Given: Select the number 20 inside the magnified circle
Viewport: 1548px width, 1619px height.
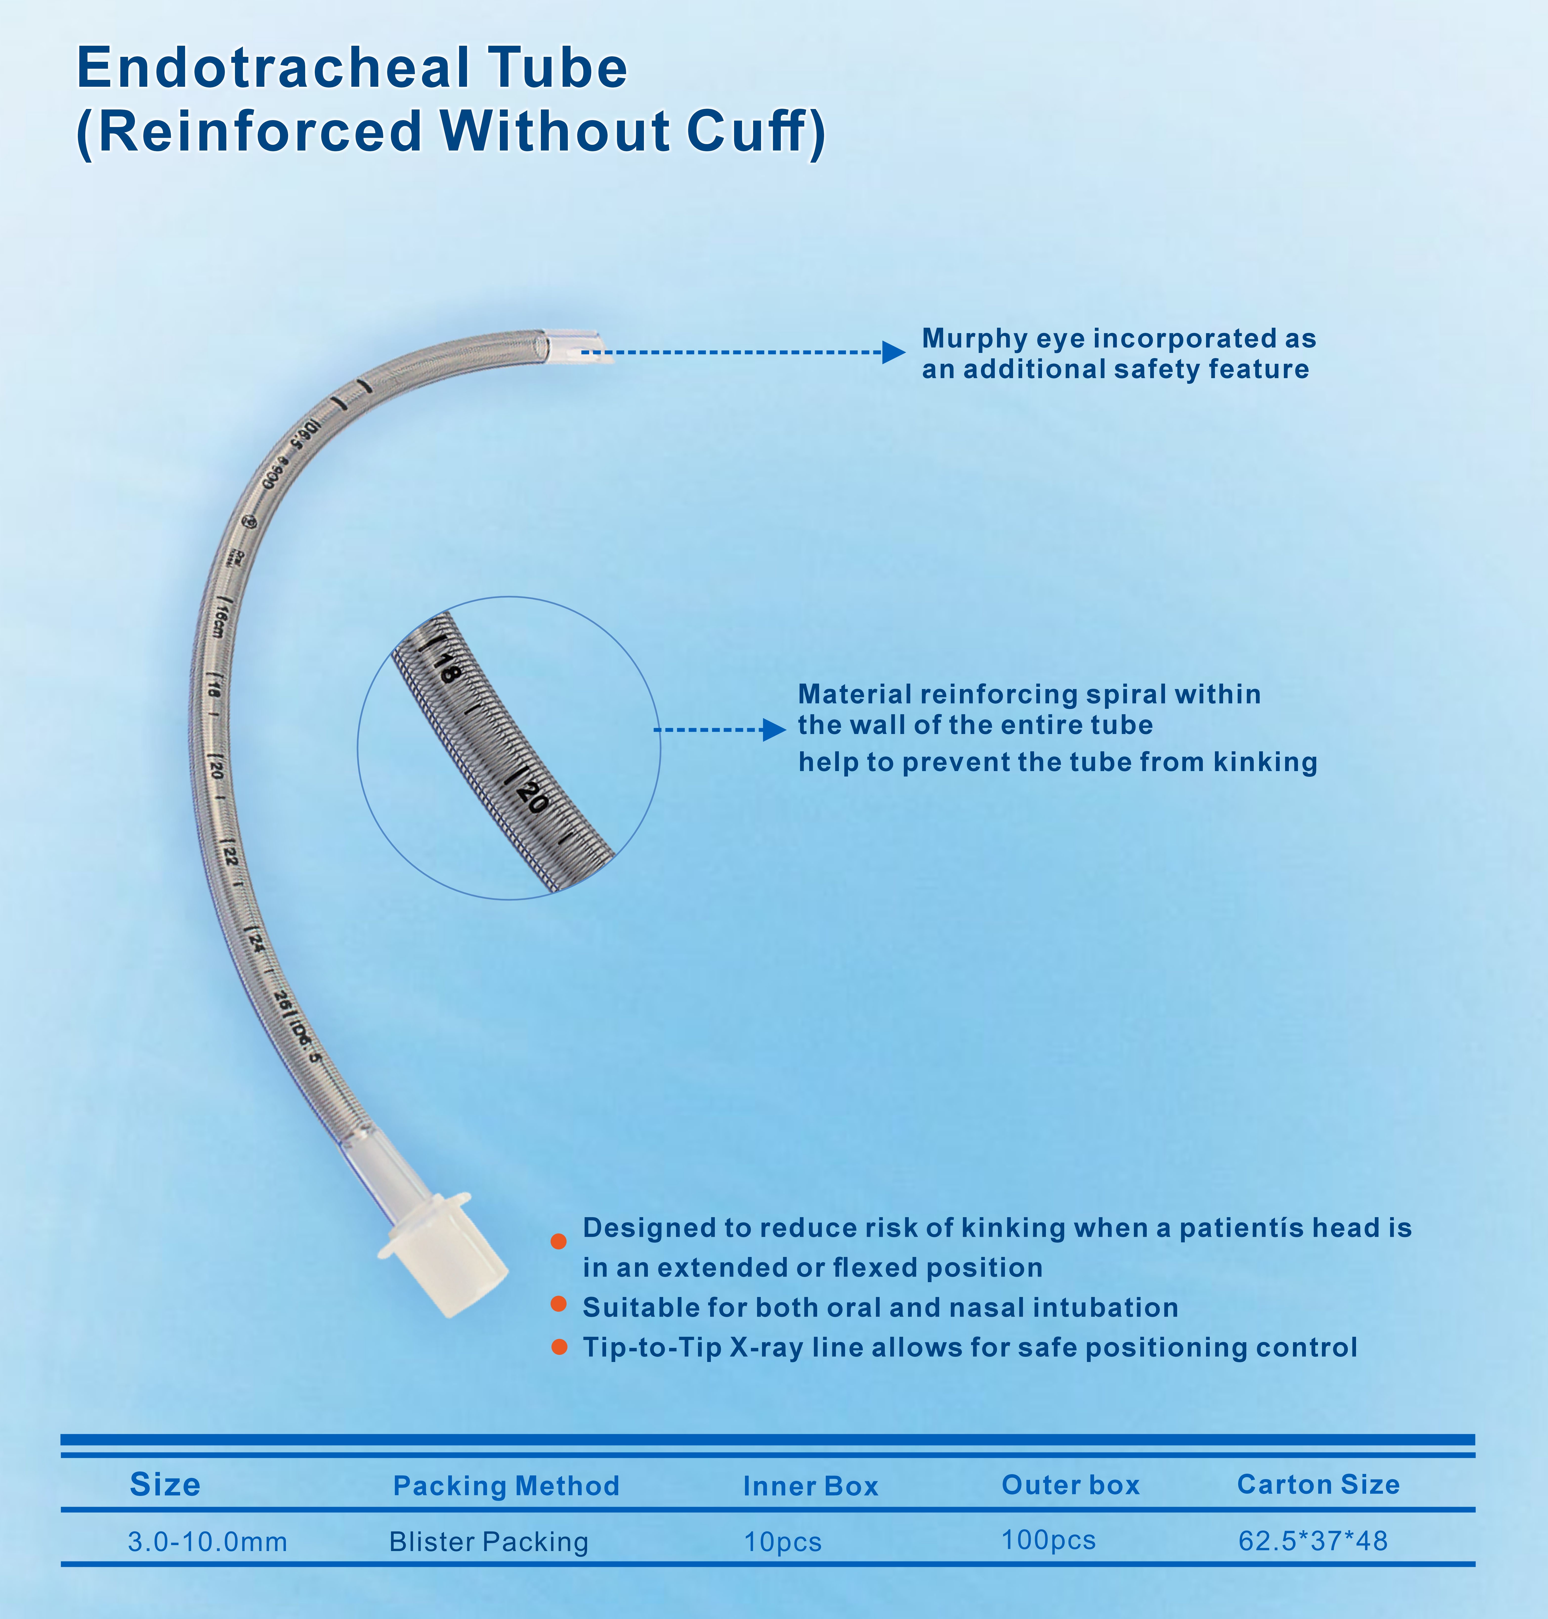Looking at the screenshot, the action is [532, 797].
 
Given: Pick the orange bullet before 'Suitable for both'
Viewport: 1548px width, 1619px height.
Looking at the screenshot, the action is [559, 1304].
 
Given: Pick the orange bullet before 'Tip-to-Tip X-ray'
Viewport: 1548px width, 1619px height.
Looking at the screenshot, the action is [559, 1347].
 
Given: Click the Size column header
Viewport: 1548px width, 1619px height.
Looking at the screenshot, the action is [165, 1485].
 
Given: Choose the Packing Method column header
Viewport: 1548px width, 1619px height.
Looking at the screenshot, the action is [506, 1485].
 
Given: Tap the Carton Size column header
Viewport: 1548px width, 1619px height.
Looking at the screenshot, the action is [1318, 1485].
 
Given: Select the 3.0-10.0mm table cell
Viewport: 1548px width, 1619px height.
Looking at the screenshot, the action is [207, 1541].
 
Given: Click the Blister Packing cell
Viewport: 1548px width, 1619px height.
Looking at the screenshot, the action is [488, 1541].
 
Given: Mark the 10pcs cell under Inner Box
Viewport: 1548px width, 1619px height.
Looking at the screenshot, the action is [782, 1541].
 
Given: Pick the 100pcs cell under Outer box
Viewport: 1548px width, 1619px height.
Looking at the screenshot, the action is [1048, 1540].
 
